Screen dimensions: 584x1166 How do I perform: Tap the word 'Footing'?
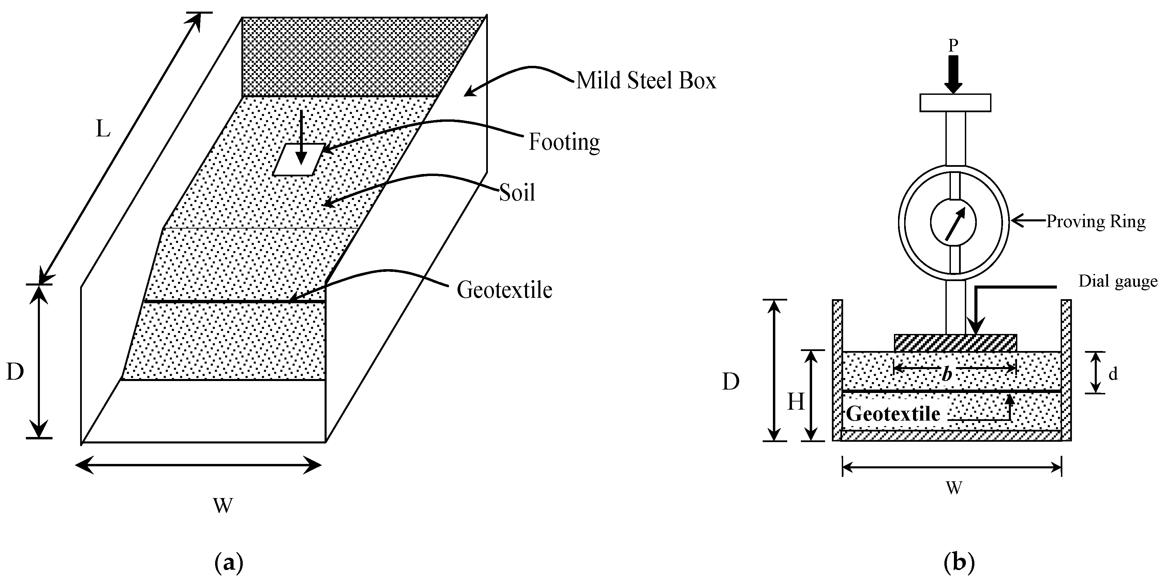tap(564, 142)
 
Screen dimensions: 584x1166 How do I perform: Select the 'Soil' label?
tap(517, 193)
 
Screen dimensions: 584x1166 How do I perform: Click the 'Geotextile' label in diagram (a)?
tap(504, 290)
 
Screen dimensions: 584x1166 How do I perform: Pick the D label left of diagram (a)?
tap(15, 372)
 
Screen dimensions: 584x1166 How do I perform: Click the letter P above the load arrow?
tap(953, 46)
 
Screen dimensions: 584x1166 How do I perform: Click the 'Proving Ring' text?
tap(1095, 222)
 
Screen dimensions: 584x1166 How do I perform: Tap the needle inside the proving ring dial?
tap(954, 224)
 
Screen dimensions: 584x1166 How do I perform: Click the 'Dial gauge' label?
tap(1118, 281)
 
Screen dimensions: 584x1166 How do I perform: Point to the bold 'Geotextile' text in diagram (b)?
tap(893, 414)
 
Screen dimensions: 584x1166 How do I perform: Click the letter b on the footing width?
tap(947, 374)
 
